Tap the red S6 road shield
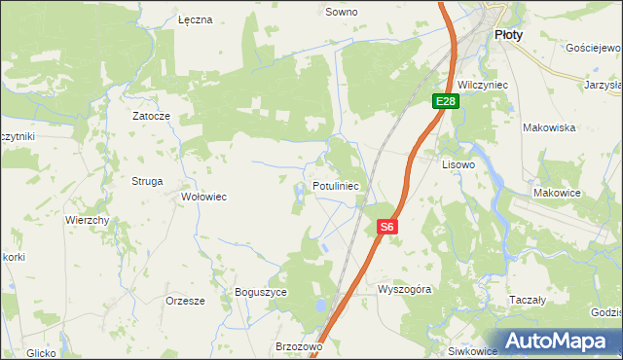tap(387, 227)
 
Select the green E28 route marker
tap(446, 101)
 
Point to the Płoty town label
tap(508, 34)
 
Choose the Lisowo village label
tap(458, 164)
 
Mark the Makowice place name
tap(557, 193)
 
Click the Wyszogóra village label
tap(404, 289)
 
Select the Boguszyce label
tap(261, 291)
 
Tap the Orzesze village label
tap(185, 301)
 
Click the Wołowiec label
tap(204, 197)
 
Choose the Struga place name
tap(147, 181)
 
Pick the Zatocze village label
tap(152, 116)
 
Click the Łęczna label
tap(196, 19)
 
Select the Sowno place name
tap(341, 13)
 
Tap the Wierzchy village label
tap(87, 220)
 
